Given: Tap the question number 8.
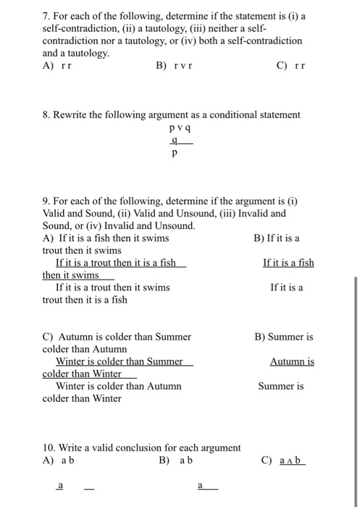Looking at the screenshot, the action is [x=46, y=114].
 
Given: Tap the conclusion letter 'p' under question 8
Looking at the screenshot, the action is [x=174, y=154].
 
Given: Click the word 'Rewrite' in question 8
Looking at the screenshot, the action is [x=74, y=114].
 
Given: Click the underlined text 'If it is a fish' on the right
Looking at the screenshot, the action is [x=288, y=262].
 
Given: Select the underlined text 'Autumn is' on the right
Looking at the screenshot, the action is [x=292, y=361].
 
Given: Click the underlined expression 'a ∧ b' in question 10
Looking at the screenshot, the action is [x=293, y=461].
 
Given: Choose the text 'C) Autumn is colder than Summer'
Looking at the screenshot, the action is [x=117, y=336].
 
